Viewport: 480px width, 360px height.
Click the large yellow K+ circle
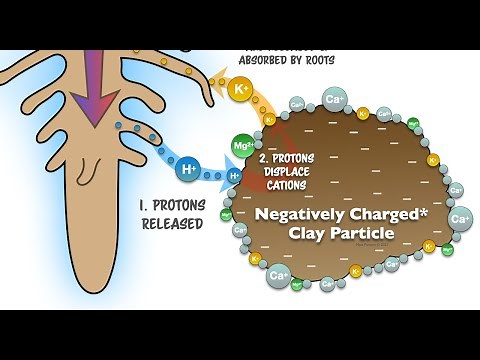point(241,90)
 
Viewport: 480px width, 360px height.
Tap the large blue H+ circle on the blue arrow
point(186,170)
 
